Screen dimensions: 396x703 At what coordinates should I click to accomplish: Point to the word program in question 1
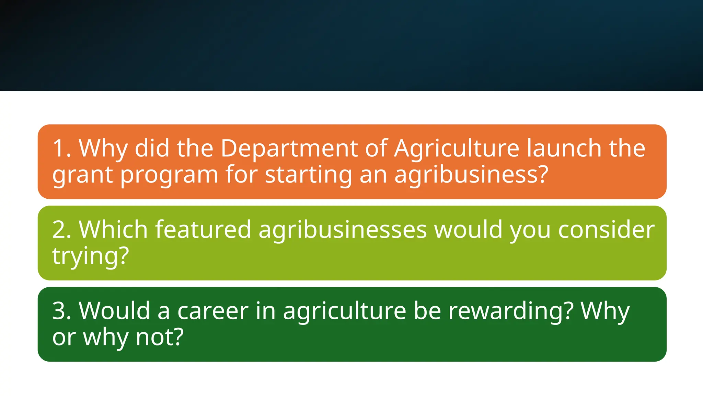(x=169, y=175)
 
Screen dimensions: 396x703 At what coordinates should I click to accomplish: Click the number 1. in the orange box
(x=62, y=148)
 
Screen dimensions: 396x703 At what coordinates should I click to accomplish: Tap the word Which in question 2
(x=113, y=230)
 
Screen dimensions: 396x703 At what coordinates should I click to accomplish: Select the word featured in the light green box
(x=203, y=230)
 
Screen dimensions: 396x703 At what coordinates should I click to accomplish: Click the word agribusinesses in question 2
(x=343, y=230)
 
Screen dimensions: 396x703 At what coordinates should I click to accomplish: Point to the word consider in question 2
(x=606, y=230)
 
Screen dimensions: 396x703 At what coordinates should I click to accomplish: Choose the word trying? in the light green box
(x=91, y=256)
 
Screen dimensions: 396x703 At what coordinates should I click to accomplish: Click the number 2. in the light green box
(x=62, y=230)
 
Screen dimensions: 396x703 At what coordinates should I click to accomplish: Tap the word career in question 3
(x=213, y=311)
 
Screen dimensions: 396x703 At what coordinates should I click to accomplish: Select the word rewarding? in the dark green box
(x=511, y=311)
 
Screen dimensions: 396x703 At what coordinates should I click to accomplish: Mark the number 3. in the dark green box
(x=62, y=311)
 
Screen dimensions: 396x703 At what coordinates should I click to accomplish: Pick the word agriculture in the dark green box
(x=345, y=311)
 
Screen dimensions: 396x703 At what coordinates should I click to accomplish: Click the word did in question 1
(x=152, y=148)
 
